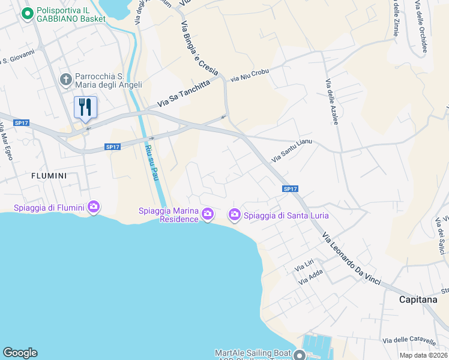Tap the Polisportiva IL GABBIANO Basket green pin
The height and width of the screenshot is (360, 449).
[x=27, y=13]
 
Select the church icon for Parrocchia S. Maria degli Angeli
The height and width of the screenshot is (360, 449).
[x=66, y=80]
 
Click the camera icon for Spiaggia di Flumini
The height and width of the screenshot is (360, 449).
[x=93, y=207]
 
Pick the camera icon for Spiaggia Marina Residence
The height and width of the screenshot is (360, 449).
[x=208, y=214]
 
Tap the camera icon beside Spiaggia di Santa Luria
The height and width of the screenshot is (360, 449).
[x=234, y=214]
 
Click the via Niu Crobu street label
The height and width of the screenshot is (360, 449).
[x=250, y=76]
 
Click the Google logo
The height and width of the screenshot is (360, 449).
[x=20, y=353]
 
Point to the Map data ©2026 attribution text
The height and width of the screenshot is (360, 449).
[x=423, y=355]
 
